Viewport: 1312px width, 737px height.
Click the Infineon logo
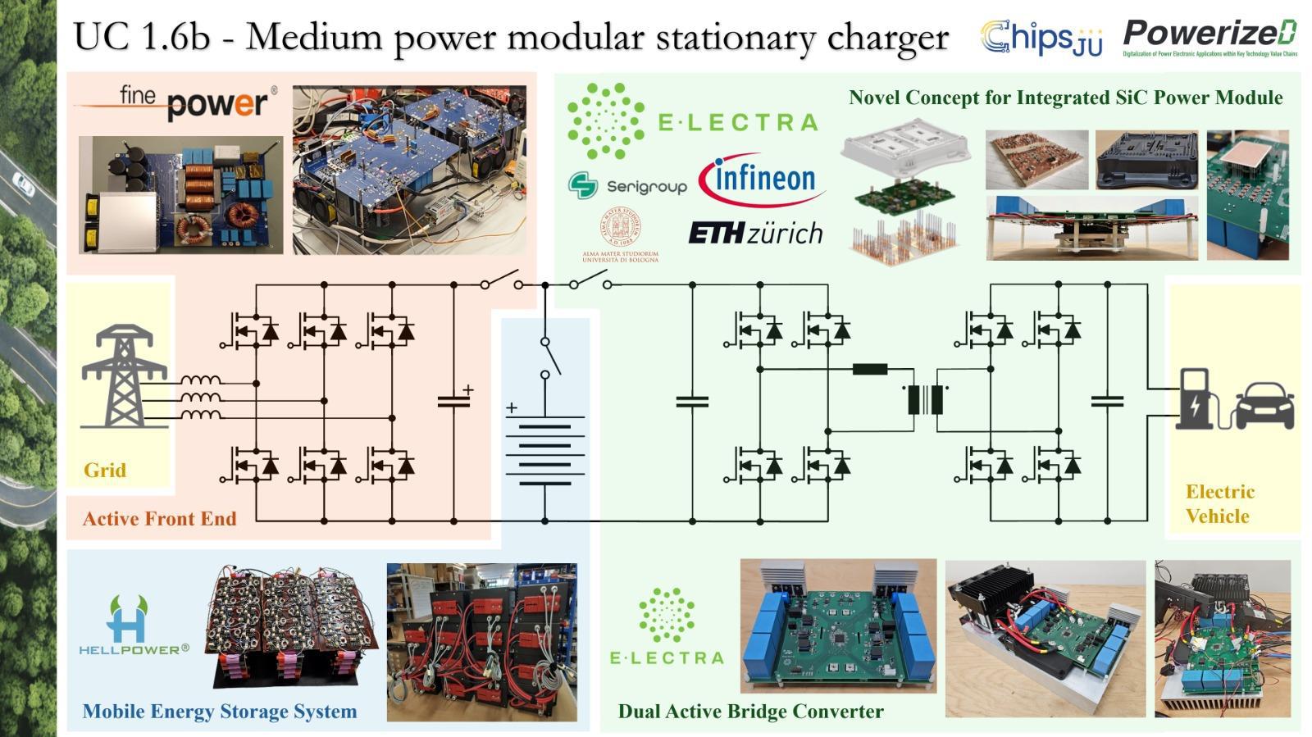point(761,180)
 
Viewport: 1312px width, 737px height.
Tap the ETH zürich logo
point(754,234)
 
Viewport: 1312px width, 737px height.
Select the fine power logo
point(174,102)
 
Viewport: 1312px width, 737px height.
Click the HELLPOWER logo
point(134,626)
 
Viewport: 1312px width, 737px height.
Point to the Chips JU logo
point(1041,38)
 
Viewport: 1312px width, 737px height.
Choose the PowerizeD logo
point(1209,37)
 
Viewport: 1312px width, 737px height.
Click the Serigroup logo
point(627,186)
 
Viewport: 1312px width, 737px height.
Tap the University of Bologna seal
point(621,230)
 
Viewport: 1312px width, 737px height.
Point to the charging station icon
point(1196,399)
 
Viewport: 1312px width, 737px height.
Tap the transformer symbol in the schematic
point(926,399)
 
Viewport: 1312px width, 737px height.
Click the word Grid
point(105,471)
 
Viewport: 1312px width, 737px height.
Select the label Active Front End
point(159,519)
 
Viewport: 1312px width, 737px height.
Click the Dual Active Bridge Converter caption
point(750,712)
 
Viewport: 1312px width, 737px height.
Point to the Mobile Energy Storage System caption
point(220,712)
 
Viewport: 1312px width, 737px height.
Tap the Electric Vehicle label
point(1219,503)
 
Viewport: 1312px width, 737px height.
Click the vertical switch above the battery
point(547,357)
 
